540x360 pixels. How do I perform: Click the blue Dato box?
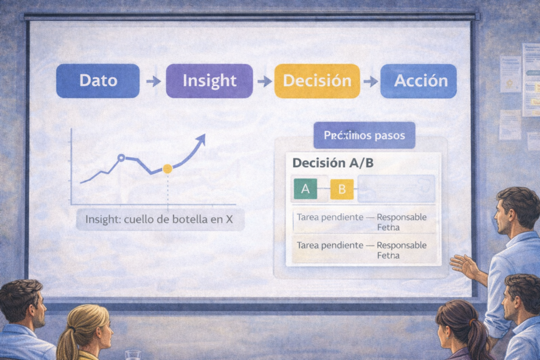point(98,80)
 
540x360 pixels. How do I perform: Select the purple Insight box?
point(209,80)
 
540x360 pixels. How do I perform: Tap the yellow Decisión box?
point(316,80)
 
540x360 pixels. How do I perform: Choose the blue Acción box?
point(418,80)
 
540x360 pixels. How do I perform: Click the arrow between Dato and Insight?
point(153,81)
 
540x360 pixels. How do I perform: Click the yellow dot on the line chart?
point(167,168)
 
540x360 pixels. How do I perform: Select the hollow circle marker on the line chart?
point(121,157)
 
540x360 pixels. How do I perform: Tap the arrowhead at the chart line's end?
point(201,139)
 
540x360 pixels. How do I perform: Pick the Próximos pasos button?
point(364,136)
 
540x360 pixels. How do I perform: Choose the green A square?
point(305,189)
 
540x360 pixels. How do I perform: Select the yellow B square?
point(341,189)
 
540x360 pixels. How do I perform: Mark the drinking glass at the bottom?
point(133,354)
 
